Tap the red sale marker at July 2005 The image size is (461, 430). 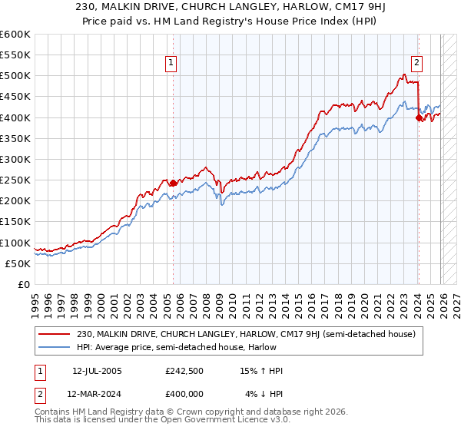click(173, 183)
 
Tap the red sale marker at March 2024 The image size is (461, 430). click(419, 117)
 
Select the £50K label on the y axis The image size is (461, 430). click(18, 263)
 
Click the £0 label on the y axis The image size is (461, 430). click(23, 284)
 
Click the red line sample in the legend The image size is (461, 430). click(55, 334)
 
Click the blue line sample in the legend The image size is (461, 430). click(55, 347)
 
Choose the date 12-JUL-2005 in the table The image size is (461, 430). click(96, 371)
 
